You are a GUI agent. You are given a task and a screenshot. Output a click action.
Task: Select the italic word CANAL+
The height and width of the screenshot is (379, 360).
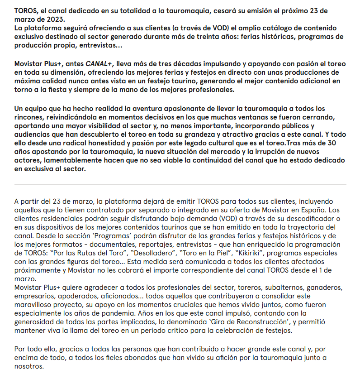coord(99,63)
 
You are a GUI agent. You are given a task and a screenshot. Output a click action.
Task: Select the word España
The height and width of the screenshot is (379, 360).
coord(312,209)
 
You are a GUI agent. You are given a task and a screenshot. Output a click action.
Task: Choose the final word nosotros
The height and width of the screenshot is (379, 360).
coord(29,366)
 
